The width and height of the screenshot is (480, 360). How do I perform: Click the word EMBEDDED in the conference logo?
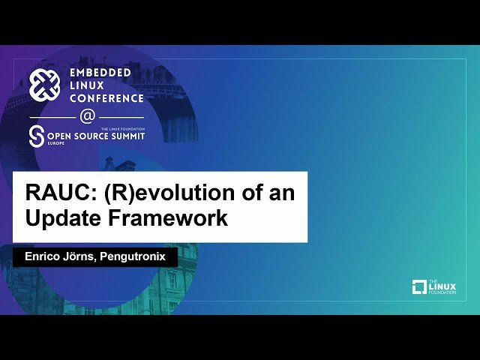point(100,72)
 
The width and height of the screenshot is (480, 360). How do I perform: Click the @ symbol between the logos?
point(88,117)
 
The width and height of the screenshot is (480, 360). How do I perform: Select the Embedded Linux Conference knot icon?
point(44,85)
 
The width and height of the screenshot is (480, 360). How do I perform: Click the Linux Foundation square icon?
point(419,286)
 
